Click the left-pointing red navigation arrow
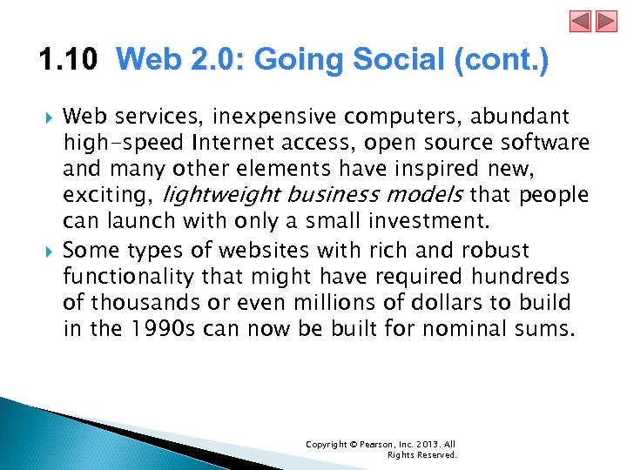[581, 21]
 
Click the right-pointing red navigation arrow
[605, 21]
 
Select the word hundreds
[539, 277]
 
